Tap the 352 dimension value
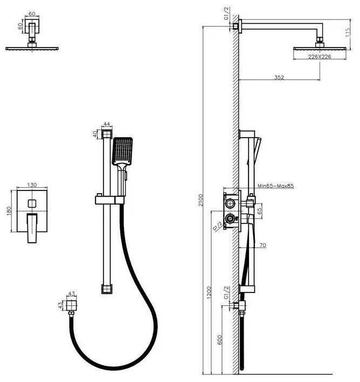[279, 78]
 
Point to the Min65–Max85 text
[275, 186]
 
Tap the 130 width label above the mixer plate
[32, 185]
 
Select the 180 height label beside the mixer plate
[9, 210]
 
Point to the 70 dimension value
[263, 245]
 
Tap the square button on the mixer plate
[32, 203]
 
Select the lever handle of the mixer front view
[32, 226]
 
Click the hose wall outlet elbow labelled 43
[72, 306]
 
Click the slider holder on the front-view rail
[110, 200]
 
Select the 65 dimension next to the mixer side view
[260, 210]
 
